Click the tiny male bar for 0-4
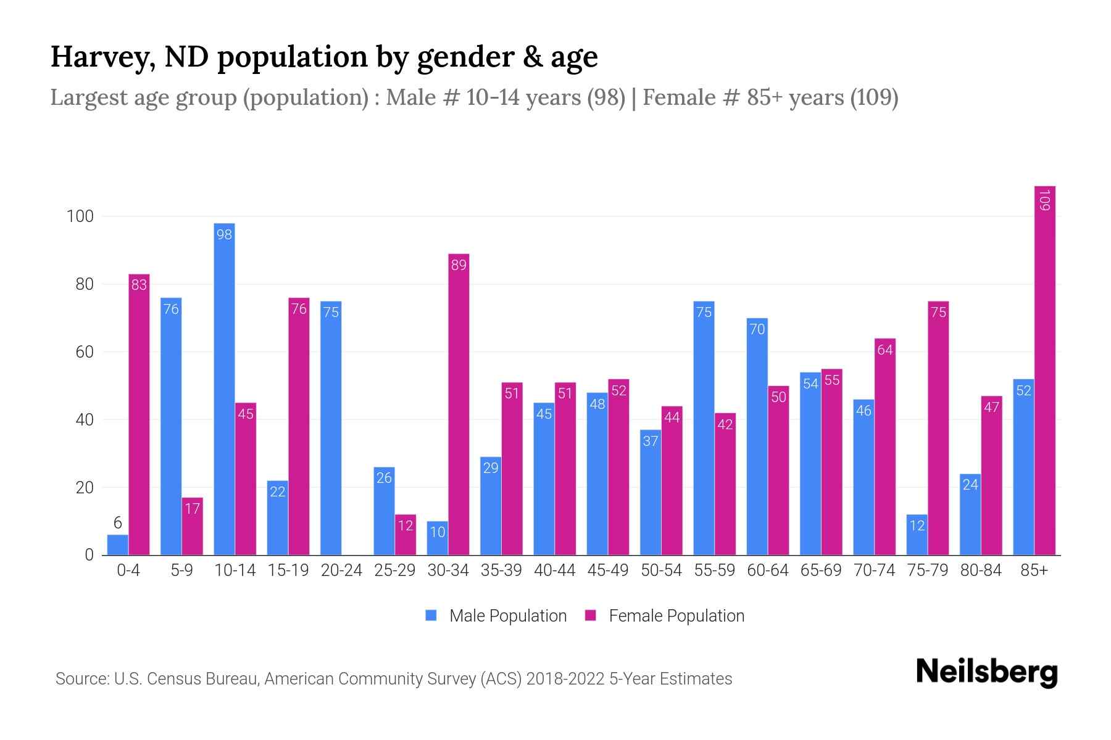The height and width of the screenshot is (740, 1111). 117,545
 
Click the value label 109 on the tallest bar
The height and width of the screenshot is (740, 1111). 1044,200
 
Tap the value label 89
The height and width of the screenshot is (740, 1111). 459,265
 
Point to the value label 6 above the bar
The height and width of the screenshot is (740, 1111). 117,524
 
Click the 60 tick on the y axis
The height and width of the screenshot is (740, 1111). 84,352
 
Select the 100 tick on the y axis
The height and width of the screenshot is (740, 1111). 80,216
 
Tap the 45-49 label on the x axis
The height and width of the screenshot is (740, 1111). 607,570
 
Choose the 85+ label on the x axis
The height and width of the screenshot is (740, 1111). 1034,570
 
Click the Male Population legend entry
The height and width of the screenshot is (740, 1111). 496,616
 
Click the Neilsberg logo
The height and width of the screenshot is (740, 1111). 986,672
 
